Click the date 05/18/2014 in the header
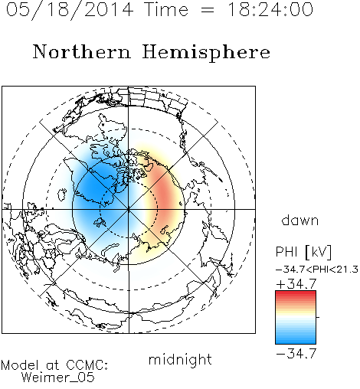point(70,10)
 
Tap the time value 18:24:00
point(270,9)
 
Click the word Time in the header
point(166,9)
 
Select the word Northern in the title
point(82,51)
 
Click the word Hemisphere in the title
point(206,53)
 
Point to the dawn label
point(300,220)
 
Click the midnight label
point(180,360)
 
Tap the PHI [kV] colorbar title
point(303,252)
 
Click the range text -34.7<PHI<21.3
point(317,270)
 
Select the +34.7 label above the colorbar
point(296,284)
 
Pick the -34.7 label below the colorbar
point(296,354)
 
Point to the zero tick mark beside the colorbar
point(318,317)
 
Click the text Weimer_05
point(58,378)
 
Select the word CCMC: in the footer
point(87,365)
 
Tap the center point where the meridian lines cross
point(129,209)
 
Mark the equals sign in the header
point(208,10)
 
